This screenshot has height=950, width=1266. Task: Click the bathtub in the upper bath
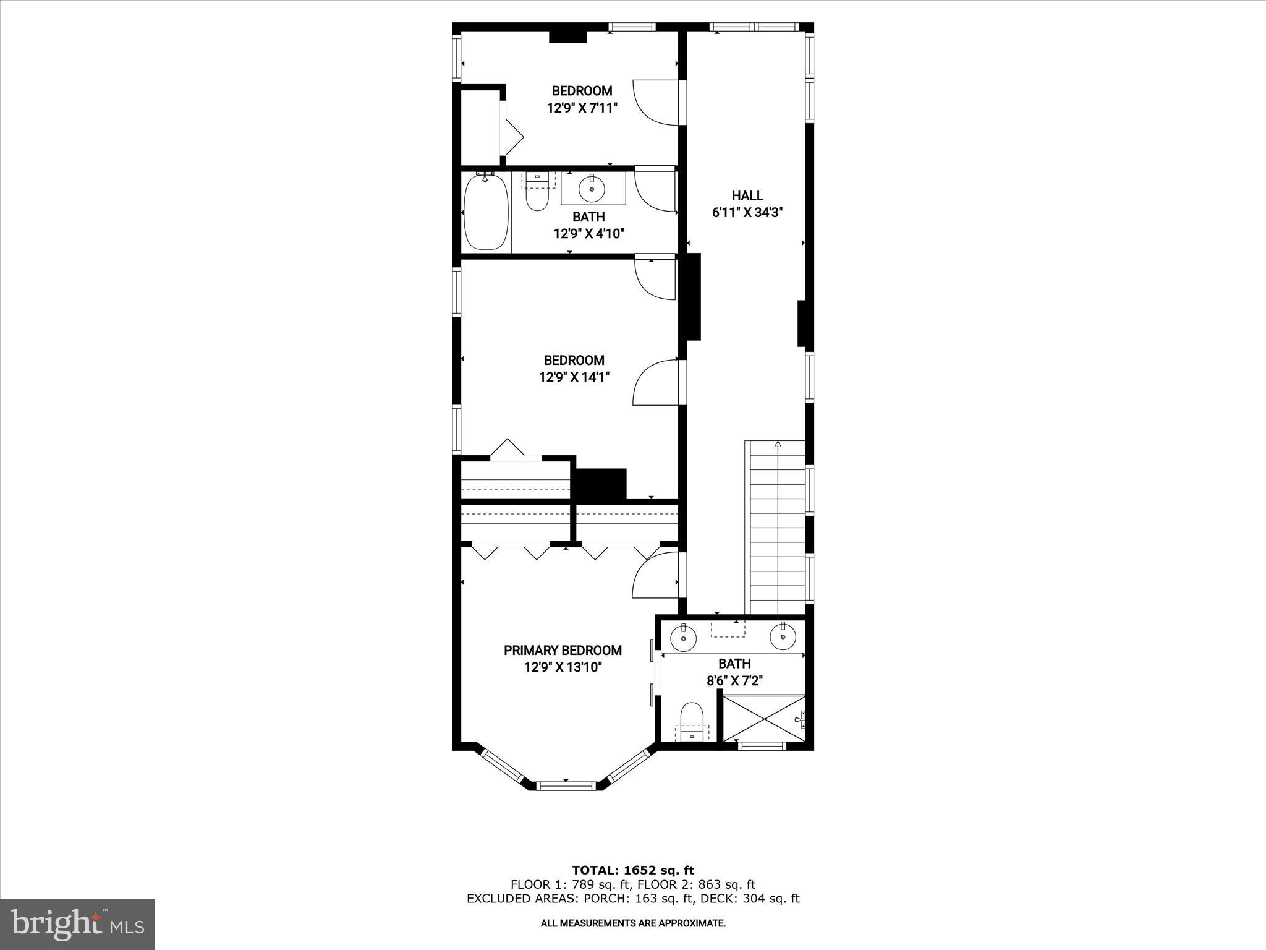(486, 211)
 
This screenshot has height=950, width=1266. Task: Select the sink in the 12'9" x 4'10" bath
(592, 189)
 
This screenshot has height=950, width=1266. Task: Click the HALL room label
(747, 196)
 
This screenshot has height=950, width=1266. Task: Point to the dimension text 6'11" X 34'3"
(747, 213)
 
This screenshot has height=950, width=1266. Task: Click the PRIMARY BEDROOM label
(563, 650)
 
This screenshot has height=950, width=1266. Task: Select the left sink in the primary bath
(684, 636)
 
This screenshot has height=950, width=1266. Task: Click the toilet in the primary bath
(690, 719)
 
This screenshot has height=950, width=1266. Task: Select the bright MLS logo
(77, 925)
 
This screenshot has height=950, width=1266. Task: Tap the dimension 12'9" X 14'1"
(574, 377)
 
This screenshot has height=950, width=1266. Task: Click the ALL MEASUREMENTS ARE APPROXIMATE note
(633, 923)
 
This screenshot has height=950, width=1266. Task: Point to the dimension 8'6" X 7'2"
(735, 680)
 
